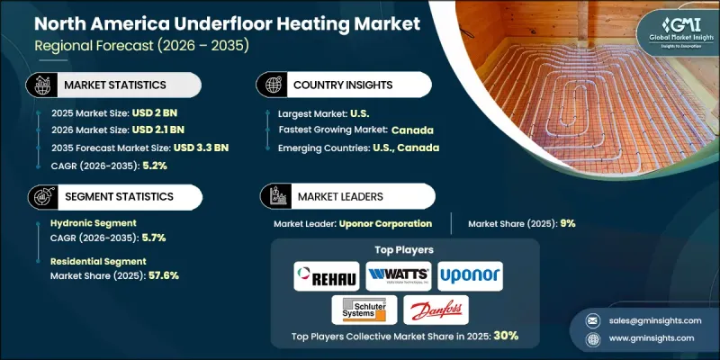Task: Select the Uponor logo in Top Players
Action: (x=469, y=275)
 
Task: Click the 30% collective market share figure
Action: (x=504, y=336)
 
